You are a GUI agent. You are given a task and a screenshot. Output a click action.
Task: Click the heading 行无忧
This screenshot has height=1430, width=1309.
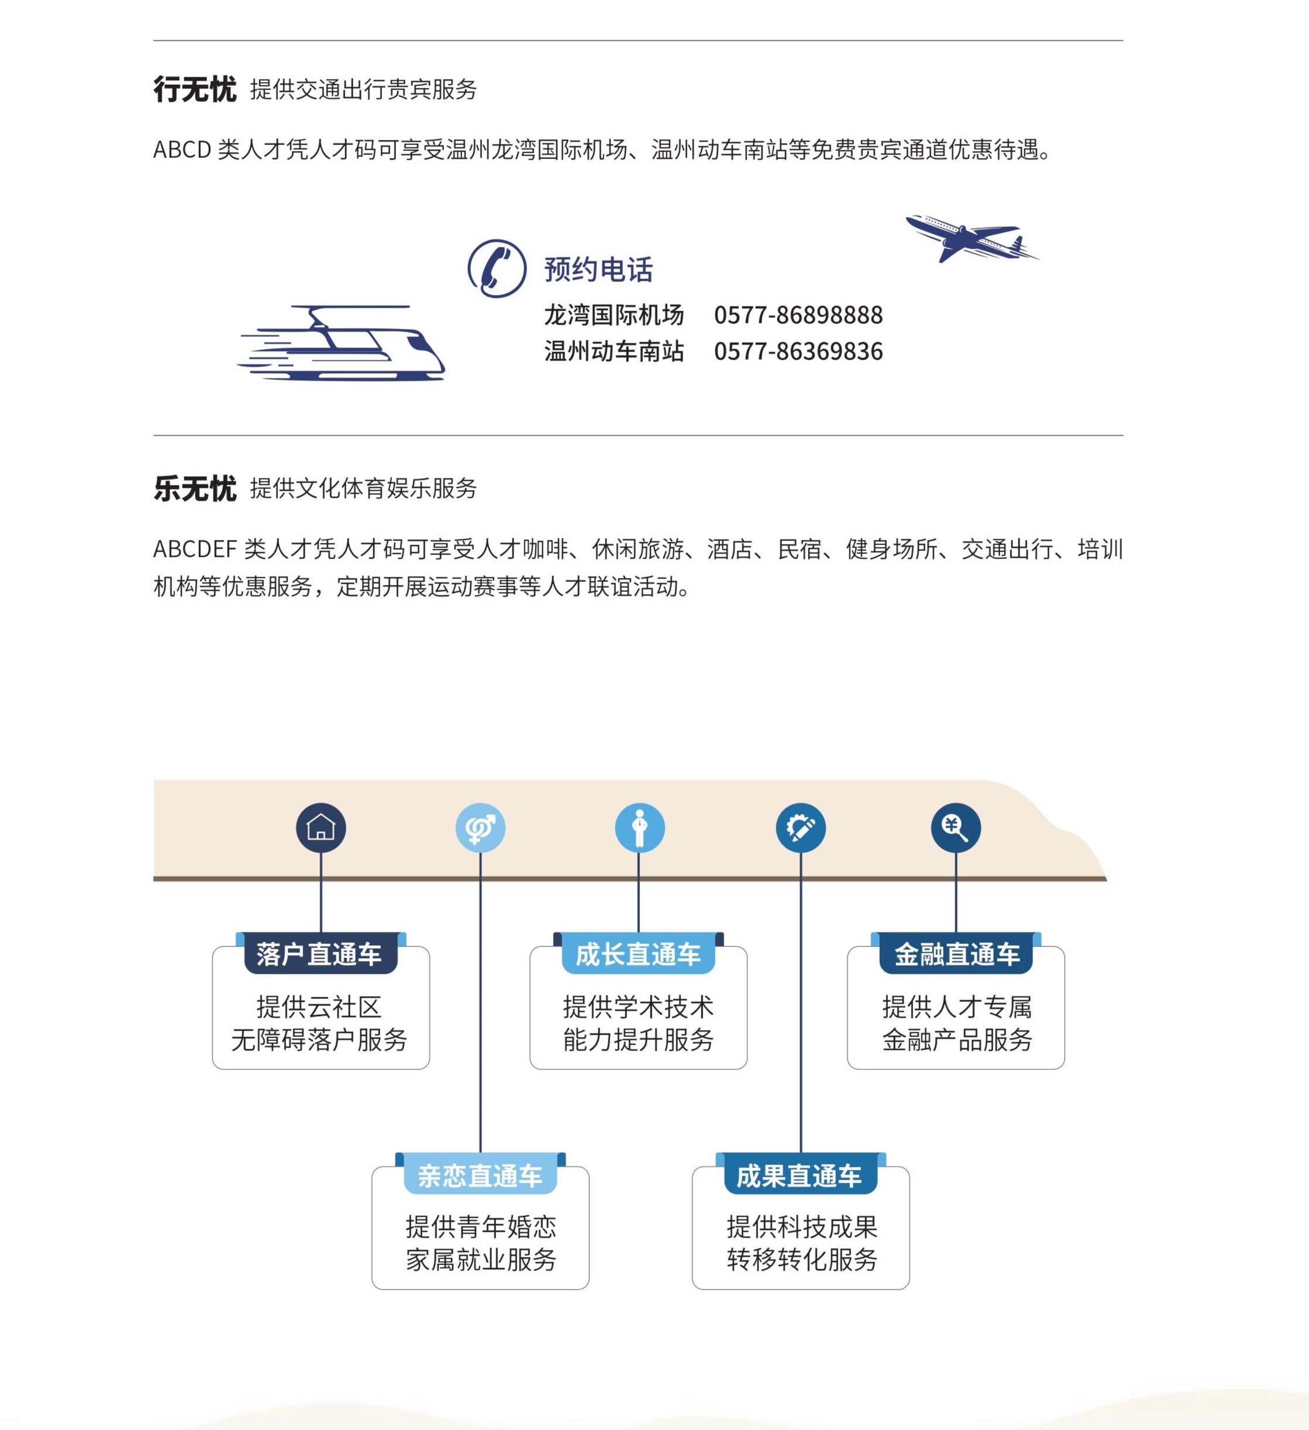(x=194, y=89)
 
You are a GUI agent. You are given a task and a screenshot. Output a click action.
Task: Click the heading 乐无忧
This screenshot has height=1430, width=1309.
(x=194, y=489)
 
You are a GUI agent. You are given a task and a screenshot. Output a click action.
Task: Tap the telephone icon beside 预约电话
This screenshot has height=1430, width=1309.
(x=497, y=268)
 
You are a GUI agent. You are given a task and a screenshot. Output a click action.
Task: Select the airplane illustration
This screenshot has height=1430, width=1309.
(x=972, y=237)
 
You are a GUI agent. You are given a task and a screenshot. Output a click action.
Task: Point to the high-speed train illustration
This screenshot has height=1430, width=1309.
(x=341, y=343)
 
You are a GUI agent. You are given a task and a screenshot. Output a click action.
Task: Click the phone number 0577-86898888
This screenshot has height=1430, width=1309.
(x=798, y=315)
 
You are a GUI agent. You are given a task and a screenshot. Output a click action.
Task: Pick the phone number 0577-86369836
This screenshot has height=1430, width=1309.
(x=798, y=351)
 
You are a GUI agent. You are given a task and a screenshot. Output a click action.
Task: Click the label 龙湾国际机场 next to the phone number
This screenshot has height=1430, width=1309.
(x=614, y=315)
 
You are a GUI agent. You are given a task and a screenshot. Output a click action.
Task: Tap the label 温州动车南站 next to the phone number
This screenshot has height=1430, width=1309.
(x=614, y=351)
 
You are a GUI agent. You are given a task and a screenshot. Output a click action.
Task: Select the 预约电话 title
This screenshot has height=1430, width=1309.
(x=598, y=270)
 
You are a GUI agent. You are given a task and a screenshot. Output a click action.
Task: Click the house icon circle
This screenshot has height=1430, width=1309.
(x=321, y=827)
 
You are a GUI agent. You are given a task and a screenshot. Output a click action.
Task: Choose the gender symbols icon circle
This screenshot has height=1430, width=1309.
(x=480, y=827)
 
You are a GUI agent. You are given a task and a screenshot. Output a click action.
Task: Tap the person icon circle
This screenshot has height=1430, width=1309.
(x=639, y=827)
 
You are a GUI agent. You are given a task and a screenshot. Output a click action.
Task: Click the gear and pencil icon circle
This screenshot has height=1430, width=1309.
(x=800, y=827)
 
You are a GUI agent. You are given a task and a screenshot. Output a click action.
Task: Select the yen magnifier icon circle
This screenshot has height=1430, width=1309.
(x=956, y=827)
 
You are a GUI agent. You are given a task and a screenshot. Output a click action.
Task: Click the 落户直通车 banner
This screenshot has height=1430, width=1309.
(x=321, y=953)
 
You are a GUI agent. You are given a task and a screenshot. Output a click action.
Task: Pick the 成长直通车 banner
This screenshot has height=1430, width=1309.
(x=639, y=953)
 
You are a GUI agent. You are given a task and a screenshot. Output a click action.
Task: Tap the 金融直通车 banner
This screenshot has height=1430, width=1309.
(x=956, y=953)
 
